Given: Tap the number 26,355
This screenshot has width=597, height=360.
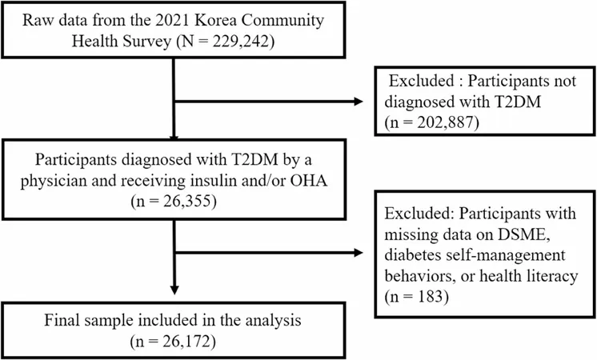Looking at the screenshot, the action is [x=185, y=201].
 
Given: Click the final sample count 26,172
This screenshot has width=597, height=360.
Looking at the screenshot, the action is [x=184, y=341].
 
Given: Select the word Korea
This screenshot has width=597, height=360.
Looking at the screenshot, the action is [x=214, y=20].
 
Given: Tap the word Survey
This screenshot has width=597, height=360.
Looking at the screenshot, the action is [x=146, y=42].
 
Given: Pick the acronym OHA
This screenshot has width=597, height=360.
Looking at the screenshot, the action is [x=309, y=180].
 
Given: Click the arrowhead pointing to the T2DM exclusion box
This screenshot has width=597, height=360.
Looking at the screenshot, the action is [x=359, y=102].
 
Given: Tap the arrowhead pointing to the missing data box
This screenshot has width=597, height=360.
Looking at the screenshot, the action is [x=359, y=252].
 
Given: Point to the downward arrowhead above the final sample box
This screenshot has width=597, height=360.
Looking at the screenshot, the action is [x=174, y=290].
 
